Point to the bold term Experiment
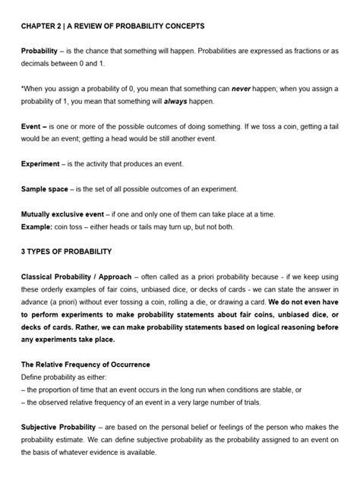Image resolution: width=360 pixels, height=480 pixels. (x=43, y=163)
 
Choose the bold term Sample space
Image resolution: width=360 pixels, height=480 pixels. (x=47, y=188)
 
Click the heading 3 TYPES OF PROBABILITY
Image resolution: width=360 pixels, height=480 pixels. (x=67, y=251)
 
